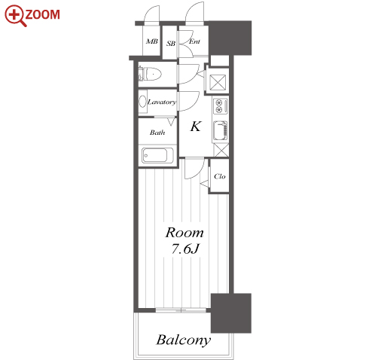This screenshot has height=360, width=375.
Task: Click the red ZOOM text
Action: pos(43,14)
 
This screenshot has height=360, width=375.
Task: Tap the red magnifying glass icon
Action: pos(15,16)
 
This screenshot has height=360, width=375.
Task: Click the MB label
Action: pos(152,41)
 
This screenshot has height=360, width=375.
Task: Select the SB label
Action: pos(171,44)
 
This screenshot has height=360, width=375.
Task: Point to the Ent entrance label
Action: pos(194,41)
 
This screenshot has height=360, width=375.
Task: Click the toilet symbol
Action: pos(150,74)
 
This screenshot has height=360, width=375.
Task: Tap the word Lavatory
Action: pos(162,102)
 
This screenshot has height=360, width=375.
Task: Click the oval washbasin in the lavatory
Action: pos(142,102)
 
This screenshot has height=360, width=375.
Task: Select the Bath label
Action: pos(157,133)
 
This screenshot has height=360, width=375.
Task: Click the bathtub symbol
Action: pos(157,155)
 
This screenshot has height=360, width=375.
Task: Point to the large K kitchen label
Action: pos(196,127)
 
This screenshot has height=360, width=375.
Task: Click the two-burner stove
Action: pos(221,105)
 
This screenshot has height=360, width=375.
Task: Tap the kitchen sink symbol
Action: pos(221,130)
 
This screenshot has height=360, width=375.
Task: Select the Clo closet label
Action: pos(220,176)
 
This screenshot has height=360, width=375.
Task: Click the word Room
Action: pos(184,233)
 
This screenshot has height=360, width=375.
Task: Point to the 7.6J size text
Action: pos(185,249)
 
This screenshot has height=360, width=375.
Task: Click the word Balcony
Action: pos(184,340)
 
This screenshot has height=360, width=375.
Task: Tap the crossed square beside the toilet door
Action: pos(218,82)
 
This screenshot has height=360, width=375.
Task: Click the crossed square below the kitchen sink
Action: pos(221,151)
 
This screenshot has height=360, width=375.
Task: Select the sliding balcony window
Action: pos(181,310)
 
